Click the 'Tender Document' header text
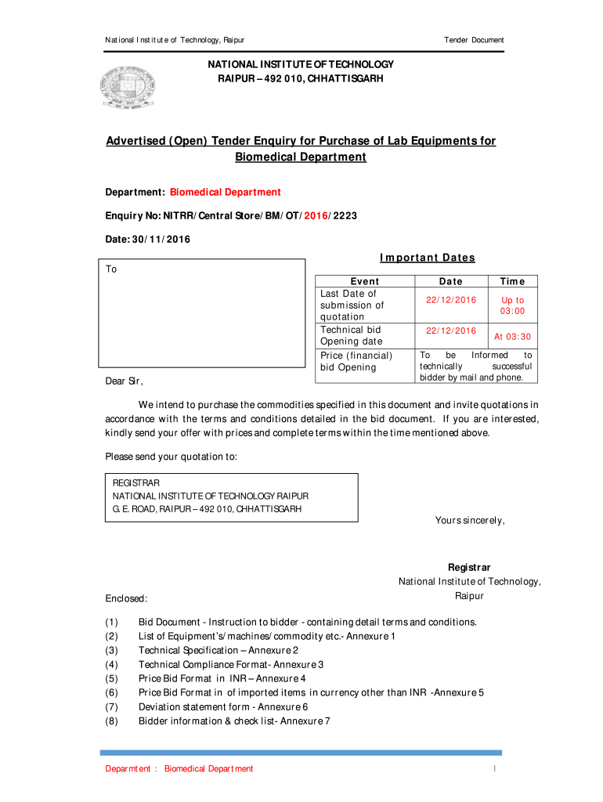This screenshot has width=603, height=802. point(474,40)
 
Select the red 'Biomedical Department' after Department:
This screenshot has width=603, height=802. point(226,193)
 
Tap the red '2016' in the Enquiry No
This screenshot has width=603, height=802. point(316,215)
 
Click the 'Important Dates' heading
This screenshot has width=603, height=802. point(427,258)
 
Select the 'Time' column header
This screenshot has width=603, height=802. point(512,281)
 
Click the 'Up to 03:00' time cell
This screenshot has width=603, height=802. point(512,305)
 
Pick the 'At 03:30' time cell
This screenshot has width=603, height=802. point(512,336)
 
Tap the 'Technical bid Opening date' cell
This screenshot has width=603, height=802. point(352,335)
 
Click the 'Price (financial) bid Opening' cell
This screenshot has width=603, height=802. point(356,361)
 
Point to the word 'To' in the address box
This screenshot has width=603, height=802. point(111,269)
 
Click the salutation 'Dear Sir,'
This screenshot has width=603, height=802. point(125,381)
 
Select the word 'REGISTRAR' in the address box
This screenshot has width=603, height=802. point(136,483)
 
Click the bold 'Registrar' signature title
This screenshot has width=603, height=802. point(469,567)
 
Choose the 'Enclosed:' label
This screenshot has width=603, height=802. point(127,598)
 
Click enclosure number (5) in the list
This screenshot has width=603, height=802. point(111,678)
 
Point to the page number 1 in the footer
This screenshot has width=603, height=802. point(495,768)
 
